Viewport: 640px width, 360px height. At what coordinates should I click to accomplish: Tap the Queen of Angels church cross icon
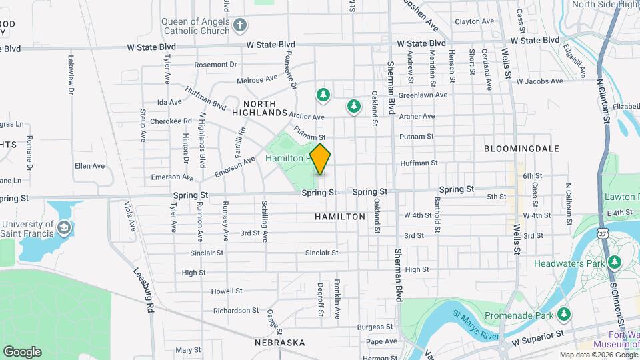241,27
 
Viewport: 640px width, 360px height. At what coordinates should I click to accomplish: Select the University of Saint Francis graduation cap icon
63,229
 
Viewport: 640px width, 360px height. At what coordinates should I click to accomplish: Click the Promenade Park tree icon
564,313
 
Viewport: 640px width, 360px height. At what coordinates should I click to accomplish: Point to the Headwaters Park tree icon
611,263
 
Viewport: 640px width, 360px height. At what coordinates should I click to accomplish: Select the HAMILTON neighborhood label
340,217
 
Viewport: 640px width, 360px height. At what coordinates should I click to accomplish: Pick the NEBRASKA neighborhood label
279,343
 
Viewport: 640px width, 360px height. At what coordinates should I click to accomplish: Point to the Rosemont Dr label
216,65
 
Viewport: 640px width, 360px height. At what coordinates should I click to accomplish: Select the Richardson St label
236,311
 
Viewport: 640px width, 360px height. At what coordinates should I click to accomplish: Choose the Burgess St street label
375,327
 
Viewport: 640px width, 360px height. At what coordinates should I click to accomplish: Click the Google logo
22,351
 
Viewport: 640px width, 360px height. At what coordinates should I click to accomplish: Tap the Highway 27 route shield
603,233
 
